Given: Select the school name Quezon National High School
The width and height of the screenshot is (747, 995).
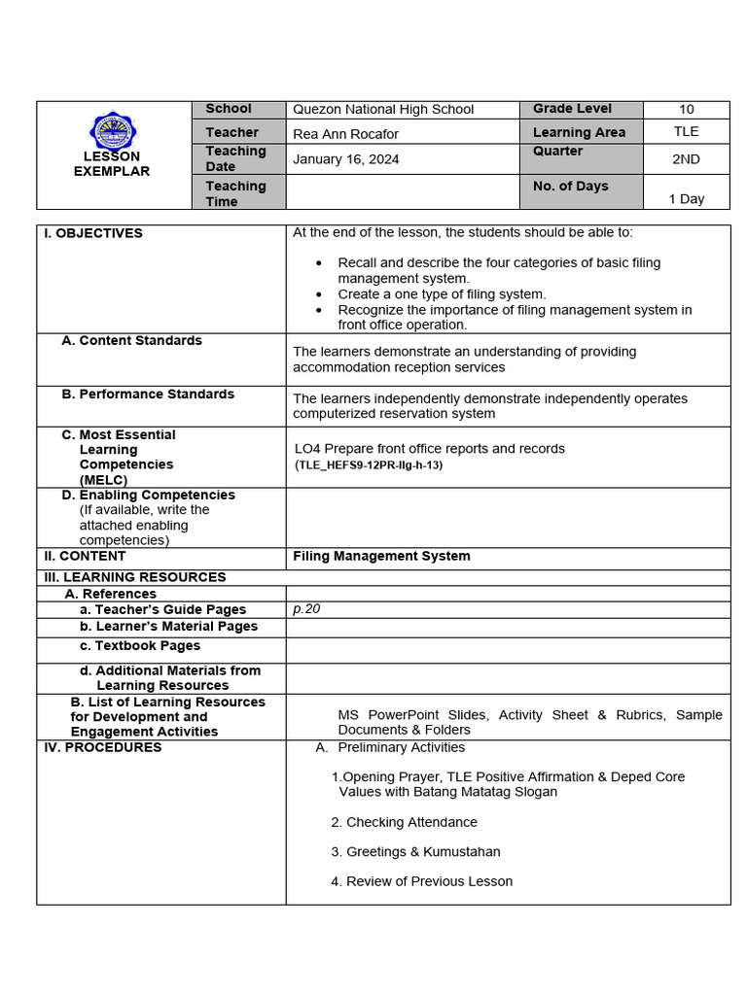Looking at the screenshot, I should coord(383,110).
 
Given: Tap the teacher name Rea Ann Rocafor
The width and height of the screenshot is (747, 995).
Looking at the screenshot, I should coord(345,134).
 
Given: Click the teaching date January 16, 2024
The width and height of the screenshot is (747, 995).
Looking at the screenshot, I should coord(345,159).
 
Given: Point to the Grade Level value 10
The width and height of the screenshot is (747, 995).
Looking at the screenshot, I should coord(687,110).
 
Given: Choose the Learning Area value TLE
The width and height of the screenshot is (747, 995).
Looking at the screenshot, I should coord(687,132).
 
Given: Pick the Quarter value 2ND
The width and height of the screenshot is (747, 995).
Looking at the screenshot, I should coord(687,159).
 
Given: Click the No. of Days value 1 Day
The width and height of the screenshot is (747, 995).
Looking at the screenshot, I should coord(687,198).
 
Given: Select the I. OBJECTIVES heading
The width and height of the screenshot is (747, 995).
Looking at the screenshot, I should coord(93,233).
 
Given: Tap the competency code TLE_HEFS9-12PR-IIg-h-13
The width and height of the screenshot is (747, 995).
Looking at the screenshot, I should coord(369,465).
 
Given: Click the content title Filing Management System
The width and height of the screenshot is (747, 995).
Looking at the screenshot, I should coord(381,557).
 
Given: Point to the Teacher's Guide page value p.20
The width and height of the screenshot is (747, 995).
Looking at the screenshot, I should coord(306,609).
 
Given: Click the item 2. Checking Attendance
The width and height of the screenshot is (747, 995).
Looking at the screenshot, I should coord(404,822).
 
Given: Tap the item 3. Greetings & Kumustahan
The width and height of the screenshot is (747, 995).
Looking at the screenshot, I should coord(415,852).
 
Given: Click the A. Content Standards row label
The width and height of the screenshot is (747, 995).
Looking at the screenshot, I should coord(131,341).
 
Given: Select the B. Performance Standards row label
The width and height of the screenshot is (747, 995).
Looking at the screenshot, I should coord(148,395).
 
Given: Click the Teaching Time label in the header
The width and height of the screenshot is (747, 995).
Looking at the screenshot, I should coord(235,193).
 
